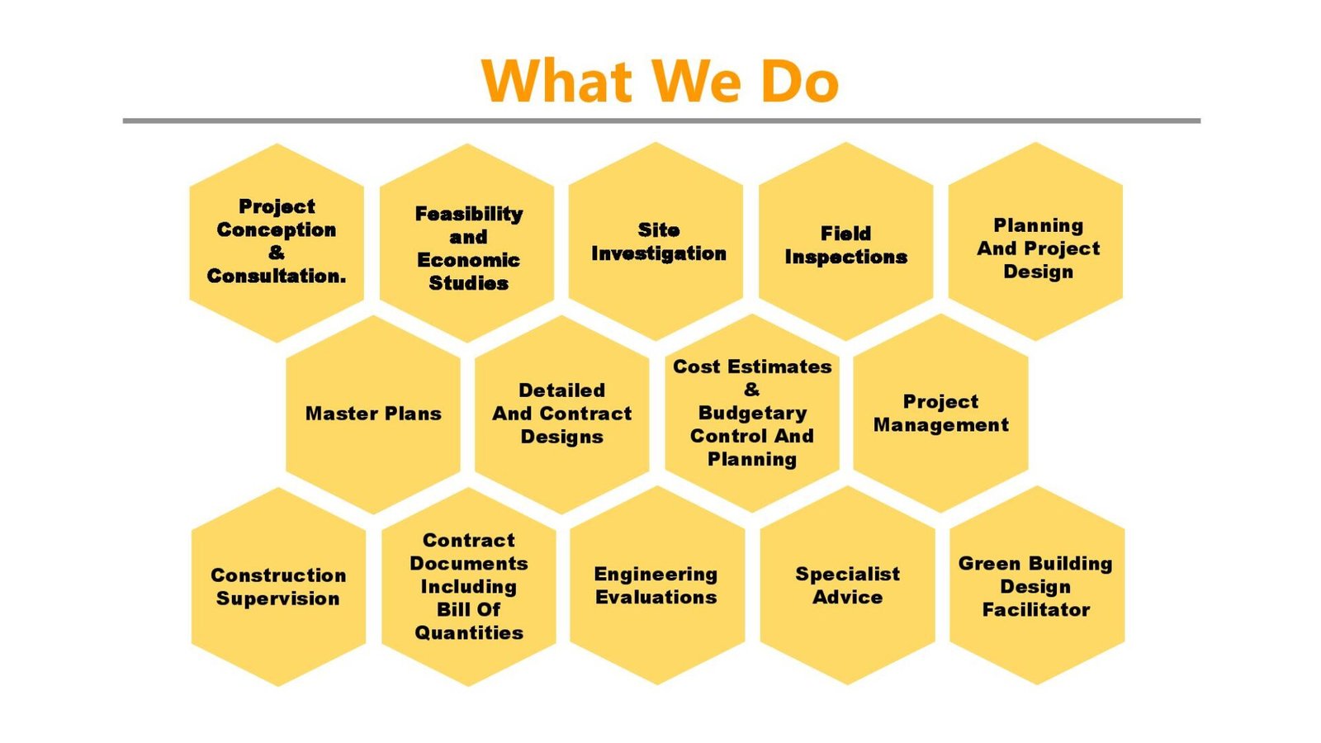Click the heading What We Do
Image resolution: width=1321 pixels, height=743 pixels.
[660, 81]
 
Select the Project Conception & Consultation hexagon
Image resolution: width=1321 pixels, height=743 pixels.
[277, 243]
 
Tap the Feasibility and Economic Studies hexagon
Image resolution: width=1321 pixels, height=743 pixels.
[466, 243]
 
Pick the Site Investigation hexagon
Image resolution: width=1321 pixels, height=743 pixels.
[656, 241]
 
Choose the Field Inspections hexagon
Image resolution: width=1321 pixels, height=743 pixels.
[845, 241]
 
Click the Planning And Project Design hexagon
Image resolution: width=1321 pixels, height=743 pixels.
[1035, 241]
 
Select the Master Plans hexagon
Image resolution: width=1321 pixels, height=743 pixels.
[373, 414]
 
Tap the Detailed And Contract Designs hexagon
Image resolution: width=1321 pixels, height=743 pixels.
[562, 414]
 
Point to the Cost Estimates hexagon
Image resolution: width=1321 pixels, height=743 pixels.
[752, 414]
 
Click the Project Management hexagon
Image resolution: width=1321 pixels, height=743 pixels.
[940, 414]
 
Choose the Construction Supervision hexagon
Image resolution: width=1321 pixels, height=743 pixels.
[278, 587]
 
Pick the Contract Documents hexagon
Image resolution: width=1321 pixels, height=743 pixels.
[469, 587]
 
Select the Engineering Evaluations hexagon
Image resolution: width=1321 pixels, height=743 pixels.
[657, 585]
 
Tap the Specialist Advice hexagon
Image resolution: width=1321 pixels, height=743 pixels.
[847, 585]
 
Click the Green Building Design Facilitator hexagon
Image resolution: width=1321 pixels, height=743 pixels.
[1037, 585]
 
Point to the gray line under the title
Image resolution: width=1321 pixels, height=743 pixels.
[661, 121]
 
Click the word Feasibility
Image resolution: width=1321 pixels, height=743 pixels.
[469, 214]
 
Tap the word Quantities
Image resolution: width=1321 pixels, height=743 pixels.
[469, 632]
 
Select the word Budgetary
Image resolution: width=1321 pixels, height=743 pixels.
[752, 413]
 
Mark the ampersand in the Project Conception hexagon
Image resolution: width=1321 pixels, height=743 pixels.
[276, 253]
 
